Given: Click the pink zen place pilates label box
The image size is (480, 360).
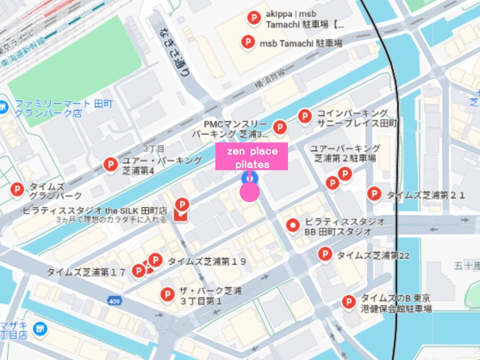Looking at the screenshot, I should tap(252, 156).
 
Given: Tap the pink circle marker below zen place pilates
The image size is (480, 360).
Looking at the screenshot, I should tap(250, 192).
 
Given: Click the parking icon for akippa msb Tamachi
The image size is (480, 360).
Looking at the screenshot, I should tap(253, 19).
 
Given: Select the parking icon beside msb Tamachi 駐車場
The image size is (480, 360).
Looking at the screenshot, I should tap(248, 43).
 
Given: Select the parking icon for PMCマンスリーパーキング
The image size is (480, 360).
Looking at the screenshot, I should tap(280, 128).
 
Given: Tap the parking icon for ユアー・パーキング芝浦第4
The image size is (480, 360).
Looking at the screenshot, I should tap(110, 165).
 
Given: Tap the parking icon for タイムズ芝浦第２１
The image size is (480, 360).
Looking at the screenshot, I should tap(374, 194).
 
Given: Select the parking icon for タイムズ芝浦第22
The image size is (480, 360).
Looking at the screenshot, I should tap(325, 254).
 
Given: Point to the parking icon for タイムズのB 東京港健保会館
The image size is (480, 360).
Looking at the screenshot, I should tap(348, 302).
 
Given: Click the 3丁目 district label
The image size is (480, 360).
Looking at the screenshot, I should tap(154, 148).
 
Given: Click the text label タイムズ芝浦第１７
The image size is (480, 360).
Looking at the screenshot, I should tap(86, 272).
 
